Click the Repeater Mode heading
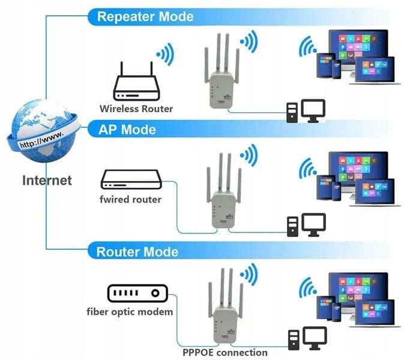coord(145,16)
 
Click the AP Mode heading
coord(126,130)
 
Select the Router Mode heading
coord(137,251)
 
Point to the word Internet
coord(47,180)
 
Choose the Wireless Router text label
coord(136,109)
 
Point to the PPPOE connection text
coord(225,352)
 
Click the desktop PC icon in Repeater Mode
coord(305,112)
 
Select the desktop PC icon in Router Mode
coord(305,339)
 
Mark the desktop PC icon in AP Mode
coord(305,226)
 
